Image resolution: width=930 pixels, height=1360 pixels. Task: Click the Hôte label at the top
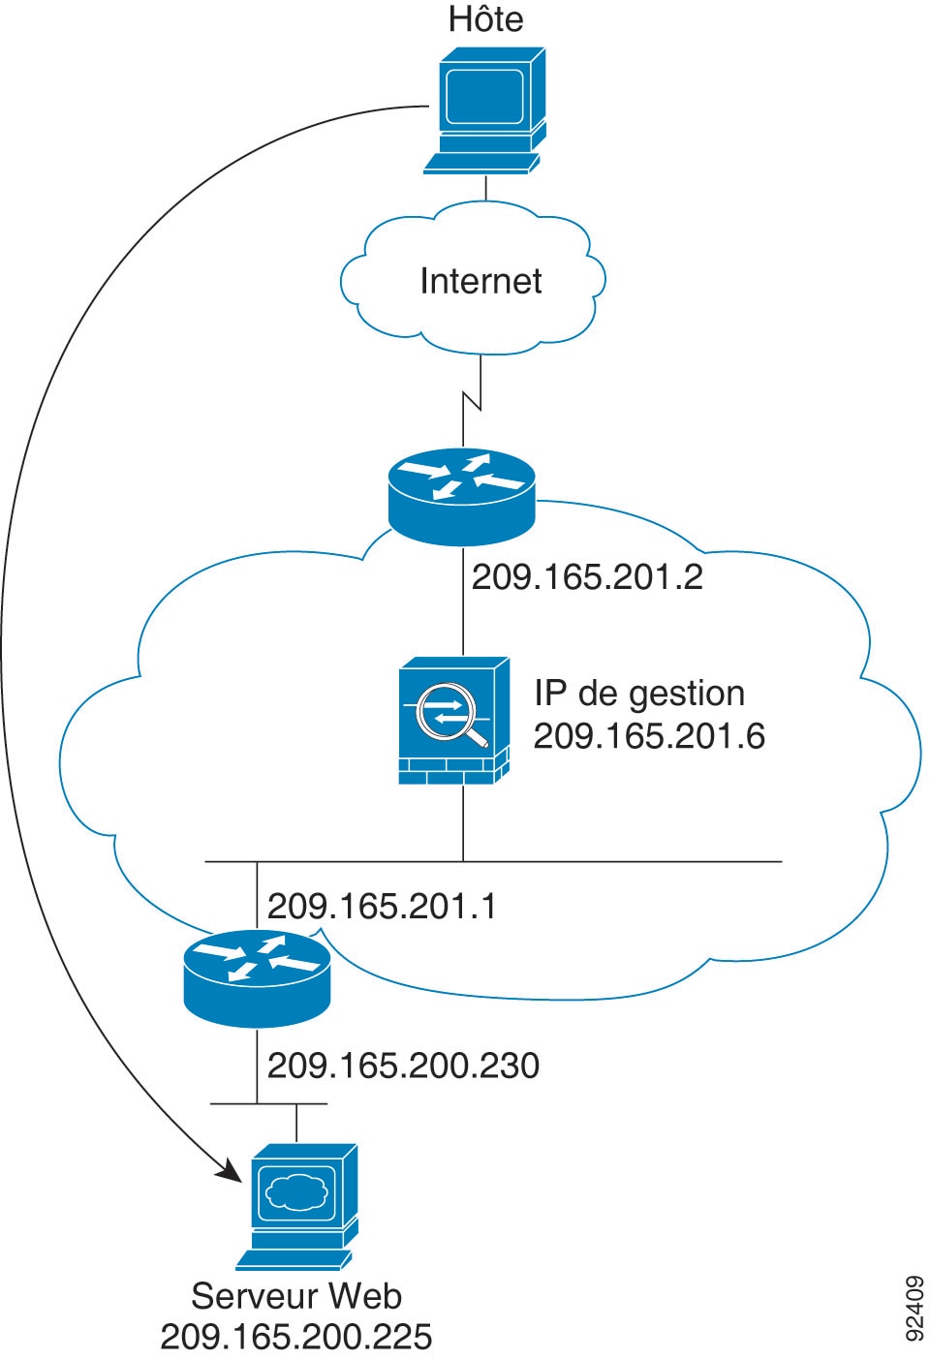tap(485, 19)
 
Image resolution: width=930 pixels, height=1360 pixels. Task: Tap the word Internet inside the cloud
tap(480, 281)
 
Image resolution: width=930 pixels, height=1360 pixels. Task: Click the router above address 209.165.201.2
tap(461, 494)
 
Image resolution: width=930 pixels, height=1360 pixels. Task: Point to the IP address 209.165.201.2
tap(587, 577)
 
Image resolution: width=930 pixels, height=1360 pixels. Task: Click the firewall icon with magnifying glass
tap(453, 721)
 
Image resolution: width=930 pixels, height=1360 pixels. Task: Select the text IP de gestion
tap(639, 694)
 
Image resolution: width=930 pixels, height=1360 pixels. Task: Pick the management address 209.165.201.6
tap(649, 736)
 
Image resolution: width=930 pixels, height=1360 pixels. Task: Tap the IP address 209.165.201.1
tap(382, 907)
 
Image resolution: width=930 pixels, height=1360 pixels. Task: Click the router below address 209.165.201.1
tap(257, 976)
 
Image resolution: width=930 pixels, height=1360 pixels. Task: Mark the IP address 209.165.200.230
tap(403, 1066)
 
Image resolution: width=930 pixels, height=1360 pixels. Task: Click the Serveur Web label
tap(296, 1296)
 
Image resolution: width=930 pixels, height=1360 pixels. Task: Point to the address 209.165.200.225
tap(296, 1337)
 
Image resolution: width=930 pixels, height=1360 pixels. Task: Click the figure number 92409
tap(914, 1309)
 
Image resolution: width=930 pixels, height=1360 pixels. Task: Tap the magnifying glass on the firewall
tap(455, 717)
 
